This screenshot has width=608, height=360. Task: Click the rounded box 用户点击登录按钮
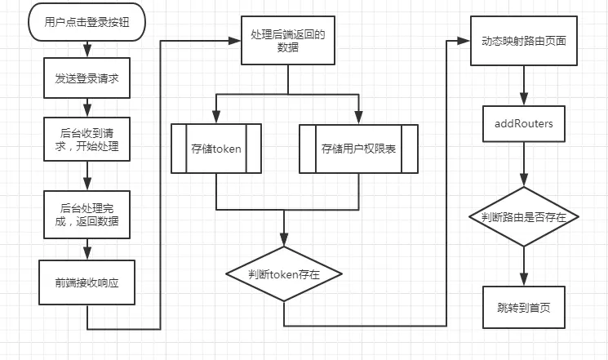(x=87, y=22)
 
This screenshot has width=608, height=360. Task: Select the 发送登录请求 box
(x=87, y=78)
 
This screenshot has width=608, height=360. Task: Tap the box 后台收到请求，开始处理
(x=87, y=139)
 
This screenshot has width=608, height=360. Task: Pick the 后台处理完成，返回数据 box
(x=87, y=215)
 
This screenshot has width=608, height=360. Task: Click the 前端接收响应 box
(x=87, y=282)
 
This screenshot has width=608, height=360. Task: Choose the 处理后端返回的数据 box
(x=288, y=40)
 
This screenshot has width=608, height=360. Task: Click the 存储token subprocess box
(x=216, y=149)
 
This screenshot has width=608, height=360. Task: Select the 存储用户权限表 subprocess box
(x=358, y=149)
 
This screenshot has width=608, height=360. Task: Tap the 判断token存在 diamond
(x=284, y=274)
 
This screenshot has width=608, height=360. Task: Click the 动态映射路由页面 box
(x=524, y=41)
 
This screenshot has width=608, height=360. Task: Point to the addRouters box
(x=524, y=124)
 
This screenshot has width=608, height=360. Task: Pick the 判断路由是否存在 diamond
(x=524, y=216)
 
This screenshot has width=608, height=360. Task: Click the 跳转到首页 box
(x=524, y=307)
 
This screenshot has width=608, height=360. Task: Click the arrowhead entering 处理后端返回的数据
(x=235, y=40)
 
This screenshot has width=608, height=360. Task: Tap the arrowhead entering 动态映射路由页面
(x=464, y=41)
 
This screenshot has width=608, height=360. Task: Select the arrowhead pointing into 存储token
(x=216, y=118)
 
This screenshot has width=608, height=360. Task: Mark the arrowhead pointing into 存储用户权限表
(x=358, y=118)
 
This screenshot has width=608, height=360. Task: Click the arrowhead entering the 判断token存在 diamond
(x=284, y=240)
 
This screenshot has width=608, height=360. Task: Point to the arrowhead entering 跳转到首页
(x=524, y=279)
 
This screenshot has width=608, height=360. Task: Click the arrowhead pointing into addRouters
(x=524, y=99)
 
